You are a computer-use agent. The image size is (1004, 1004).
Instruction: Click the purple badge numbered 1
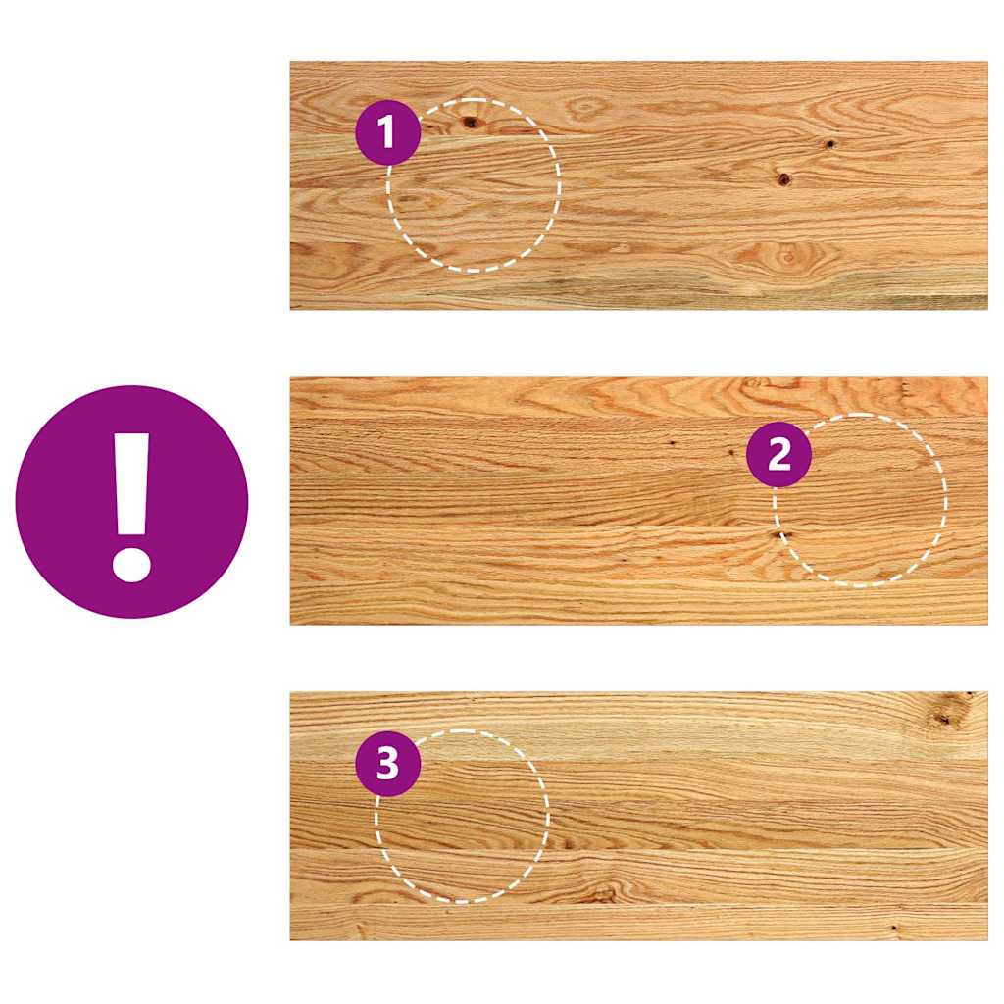coord(387,132)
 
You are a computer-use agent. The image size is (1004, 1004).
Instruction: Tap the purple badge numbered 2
coord(778,454)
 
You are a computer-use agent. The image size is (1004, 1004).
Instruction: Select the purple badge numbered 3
coord(387,763)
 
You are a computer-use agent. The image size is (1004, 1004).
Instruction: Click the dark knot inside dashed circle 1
coord(471,122)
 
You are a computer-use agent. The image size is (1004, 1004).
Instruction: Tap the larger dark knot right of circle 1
coord(783,179)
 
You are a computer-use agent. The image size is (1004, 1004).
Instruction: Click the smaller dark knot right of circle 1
coord(829,144)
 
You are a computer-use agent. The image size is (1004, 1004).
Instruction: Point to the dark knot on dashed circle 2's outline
coord(779,534)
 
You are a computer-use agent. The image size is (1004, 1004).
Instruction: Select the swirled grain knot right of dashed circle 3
coord(602,893)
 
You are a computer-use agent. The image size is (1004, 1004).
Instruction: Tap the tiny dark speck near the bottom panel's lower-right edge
coord(894,927)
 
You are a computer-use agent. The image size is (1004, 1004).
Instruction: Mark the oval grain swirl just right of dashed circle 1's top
coord(586,109)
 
